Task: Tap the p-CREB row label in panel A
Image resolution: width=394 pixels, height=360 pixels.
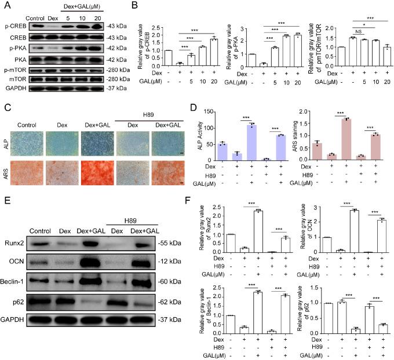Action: click(16, 26)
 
